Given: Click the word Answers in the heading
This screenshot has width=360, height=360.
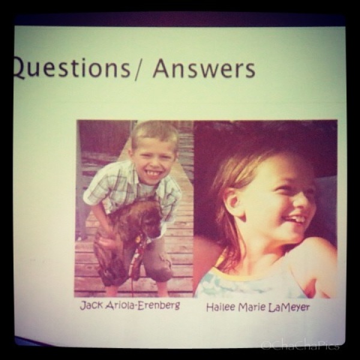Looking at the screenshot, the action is point(204,68).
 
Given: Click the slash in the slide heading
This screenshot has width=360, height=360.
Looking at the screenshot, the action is point(138,70).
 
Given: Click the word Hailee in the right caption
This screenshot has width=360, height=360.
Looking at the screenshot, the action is point(221,307).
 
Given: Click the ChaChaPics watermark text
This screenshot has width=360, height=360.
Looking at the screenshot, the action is point(301,346).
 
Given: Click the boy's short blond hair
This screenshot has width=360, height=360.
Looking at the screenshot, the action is point(155,134).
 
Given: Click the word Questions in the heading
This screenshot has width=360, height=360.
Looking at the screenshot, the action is point(71,68).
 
